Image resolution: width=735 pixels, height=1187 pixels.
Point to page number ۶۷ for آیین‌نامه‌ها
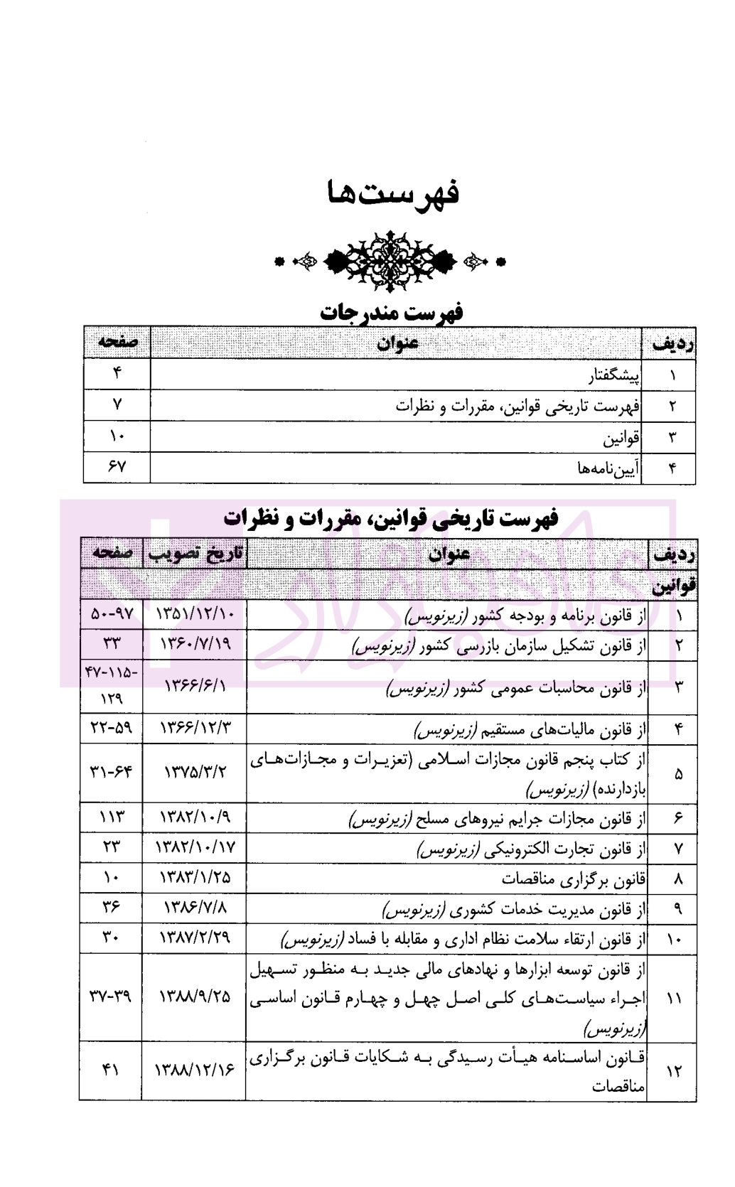coord(117,467)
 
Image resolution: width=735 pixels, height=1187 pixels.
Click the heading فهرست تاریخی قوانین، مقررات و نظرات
coord(390,517)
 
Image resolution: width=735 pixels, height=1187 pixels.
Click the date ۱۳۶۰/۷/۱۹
coord(194,645)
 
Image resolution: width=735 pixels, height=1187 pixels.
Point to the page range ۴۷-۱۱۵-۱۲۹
coord(112,685)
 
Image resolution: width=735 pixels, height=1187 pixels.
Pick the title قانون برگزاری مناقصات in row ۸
coord(574,879)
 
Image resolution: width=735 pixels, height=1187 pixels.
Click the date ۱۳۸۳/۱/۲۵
coord(194,879)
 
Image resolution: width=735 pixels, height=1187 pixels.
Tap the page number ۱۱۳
coord(112,818)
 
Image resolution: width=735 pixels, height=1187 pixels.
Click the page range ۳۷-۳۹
coord(112,997)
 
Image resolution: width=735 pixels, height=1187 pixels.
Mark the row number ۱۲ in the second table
coord(673,1070)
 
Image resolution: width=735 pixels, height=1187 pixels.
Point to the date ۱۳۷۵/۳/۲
coord(194,771)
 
